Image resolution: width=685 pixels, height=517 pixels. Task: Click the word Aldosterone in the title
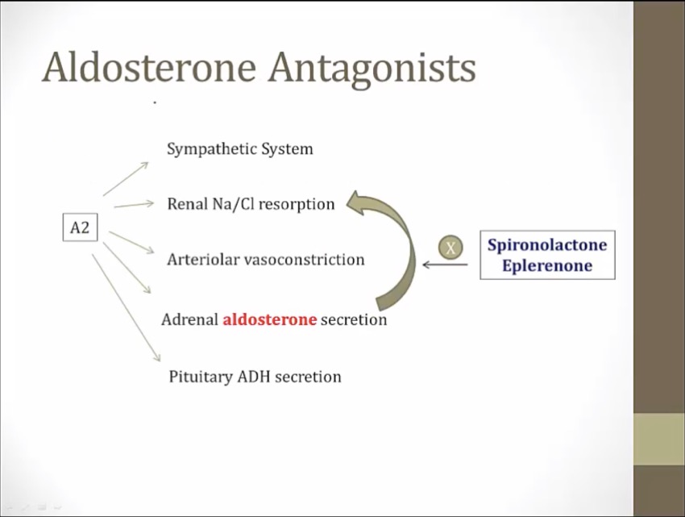coord(149,68)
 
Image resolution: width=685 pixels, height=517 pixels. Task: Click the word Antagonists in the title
coord(372,69)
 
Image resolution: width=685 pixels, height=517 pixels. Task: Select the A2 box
coord(80,227)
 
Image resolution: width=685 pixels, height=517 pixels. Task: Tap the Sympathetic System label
coord(239,149)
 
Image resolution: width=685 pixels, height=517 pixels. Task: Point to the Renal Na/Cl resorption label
coord(251,204)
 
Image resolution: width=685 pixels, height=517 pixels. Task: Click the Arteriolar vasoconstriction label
coord(265,260)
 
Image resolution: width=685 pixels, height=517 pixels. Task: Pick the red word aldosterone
coord(269,319)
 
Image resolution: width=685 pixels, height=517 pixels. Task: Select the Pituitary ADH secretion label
coord(255,377)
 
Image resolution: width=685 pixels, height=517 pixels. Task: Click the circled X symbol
coord(450,248)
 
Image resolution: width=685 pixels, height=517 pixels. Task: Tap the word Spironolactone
coord(547,245)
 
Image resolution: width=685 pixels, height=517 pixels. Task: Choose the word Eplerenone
coord(547,265)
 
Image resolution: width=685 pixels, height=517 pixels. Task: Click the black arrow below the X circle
coord(444,265)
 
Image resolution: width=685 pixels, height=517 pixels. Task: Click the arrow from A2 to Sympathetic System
coord(126,178)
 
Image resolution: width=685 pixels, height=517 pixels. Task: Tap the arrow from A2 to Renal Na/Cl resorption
coord(133,205)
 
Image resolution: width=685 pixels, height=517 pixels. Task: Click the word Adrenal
coord(189,319)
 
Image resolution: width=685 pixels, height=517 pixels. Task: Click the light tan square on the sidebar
coord(659,439)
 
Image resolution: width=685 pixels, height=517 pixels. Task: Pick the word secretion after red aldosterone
coord(354,319)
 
